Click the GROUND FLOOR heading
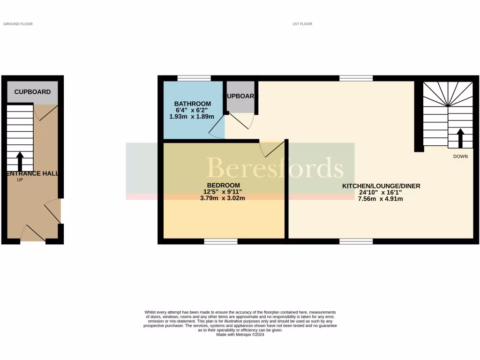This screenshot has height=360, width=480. [18, 24]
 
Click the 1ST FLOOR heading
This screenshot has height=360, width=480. [302, 24]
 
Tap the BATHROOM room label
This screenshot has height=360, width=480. [192, 104]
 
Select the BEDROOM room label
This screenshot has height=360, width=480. [224, 185]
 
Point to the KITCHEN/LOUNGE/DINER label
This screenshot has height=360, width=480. [381, 186]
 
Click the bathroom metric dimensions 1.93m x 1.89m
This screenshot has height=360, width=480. [192, 116]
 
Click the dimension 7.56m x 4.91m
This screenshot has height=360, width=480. [381, 199]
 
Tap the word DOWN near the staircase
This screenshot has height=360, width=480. [460, 157]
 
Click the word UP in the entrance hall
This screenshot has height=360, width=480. [20, 180]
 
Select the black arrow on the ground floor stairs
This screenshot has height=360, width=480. [20, 161]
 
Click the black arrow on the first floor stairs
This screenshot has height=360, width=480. [460, 138]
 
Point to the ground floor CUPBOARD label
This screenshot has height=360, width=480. [32, 92]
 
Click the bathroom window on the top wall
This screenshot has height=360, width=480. [194, 78]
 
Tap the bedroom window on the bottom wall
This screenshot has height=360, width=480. [220, 241]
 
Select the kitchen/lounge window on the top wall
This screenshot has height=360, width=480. [356, 78]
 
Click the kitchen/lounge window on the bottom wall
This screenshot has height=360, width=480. [356, 241]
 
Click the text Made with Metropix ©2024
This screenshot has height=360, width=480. [240, 335]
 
